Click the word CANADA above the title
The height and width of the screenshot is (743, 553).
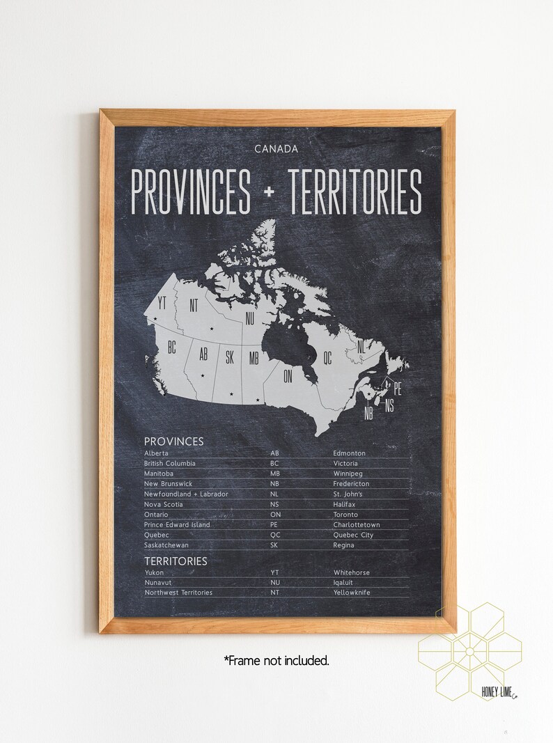pyautogui.click(x=276, y=148)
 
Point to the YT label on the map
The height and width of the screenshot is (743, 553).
pyautogui.click(x=162, y=303)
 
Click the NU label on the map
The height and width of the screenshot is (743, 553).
pyautogui.click(x=249, y=319)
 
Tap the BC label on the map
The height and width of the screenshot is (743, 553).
pyautogui.click(x=171, y=346)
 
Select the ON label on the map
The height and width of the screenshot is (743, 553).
pyautogui.click(x=288, y=377)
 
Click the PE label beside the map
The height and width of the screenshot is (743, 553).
pyautogui.click(x=398, y=384)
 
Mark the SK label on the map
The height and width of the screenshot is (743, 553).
pyautogui.click(x=230, y=358)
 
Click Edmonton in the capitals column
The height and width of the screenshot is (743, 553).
pyautogui.click(x=349, y=453)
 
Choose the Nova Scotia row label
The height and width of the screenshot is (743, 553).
pyautogui.click(x=164, y=504)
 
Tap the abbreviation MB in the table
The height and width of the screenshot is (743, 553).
pyautogui.click(x=274, y=474)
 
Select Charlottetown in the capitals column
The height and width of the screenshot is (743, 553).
pyautogui.click(x=357, y=524)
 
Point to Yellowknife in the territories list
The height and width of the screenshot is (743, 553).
pyautogui.click(x=352, y=593)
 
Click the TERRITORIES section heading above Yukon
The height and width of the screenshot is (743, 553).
pyautogui.click(x=176, y=560)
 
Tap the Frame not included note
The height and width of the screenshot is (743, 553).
pyautogui.click(x=276, y=660)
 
